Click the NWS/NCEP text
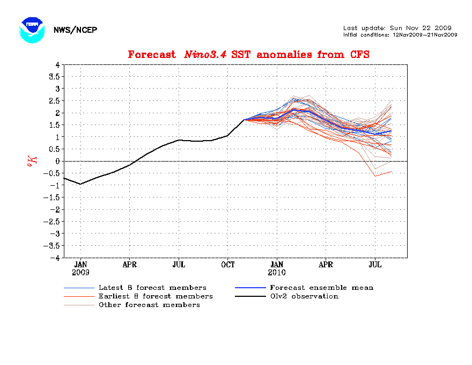75,30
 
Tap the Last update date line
397,28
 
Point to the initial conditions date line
400,34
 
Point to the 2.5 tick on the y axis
54,100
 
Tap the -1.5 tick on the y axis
52,197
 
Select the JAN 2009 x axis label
80,268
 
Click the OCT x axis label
228,265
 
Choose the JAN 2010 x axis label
277,268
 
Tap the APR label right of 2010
326,265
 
